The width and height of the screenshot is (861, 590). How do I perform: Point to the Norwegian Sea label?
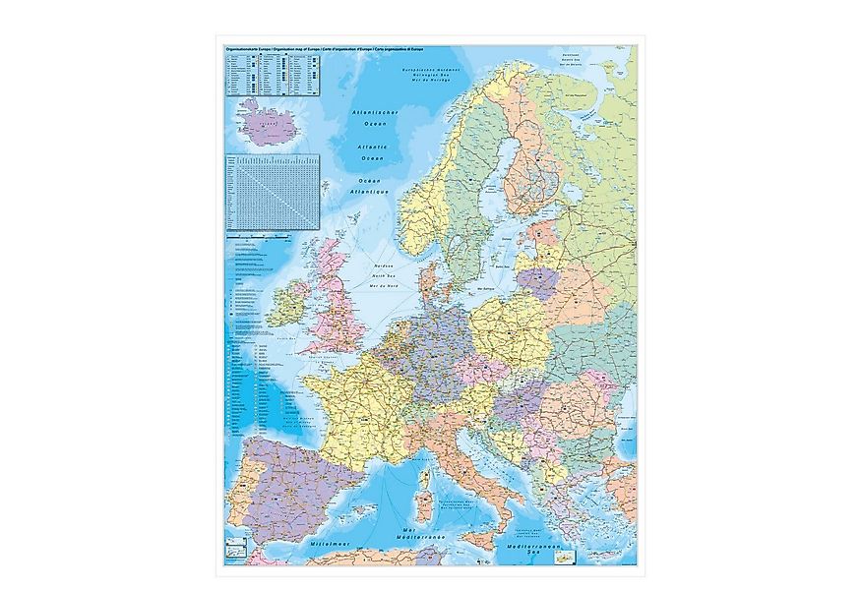424,77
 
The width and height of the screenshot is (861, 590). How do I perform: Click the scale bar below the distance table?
273,237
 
